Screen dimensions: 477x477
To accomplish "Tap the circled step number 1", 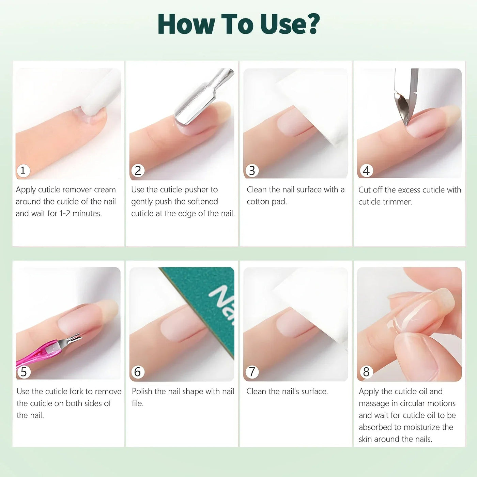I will click(23, 170).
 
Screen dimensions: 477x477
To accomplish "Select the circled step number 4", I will click(367, 170).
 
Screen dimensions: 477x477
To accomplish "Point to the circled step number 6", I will click(138, 372).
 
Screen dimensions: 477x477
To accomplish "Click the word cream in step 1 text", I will click(105, 190).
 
